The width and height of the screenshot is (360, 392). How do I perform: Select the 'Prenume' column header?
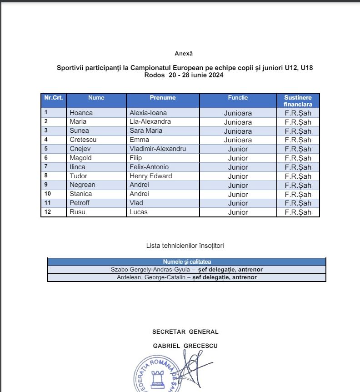pos(162,98)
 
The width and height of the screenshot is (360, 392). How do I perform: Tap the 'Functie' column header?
pos(238,98)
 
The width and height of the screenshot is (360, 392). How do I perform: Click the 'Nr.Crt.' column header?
pos(53,98)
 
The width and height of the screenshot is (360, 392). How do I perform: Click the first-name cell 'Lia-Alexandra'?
pos(150,122)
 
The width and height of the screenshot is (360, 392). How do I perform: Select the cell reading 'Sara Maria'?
pos(146,131)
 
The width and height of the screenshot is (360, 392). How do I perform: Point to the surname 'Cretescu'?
pos(83,140)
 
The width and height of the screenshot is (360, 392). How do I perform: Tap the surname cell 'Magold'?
pos(80,158)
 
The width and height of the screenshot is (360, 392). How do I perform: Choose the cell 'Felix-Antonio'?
pos(149,167)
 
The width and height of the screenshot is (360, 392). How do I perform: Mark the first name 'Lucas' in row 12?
pos(139,212)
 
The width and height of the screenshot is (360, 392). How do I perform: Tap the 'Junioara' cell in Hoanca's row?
pos(238,113)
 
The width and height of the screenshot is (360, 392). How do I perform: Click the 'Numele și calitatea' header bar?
pos(187,262)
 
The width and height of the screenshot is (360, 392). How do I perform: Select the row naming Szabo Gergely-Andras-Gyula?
pos(187,270)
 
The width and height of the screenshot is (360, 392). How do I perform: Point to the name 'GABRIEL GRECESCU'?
pos(185,346)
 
